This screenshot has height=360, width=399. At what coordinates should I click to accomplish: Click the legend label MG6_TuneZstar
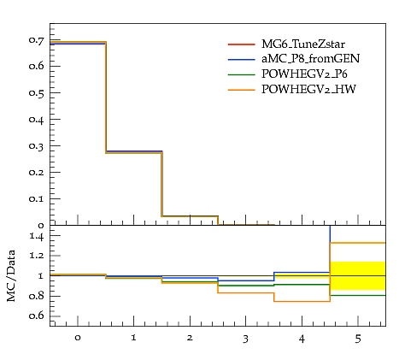303,44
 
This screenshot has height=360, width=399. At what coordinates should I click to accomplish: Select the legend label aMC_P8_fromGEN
310,59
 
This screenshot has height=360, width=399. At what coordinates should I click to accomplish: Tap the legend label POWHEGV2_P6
304,74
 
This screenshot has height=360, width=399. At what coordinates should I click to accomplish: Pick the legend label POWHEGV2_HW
308,89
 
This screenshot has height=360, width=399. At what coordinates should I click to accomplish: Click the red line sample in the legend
241,44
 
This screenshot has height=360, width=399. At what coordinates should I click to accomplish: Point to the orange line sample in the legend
241,90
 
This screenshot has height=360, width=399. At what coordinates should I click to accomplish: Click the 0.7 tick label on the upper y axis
37,40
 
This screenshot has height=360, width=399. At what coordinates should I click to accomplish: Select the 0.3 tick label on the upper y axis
37,146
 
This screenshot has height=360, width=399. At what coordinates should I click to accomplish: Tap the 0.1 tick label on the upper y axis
37,198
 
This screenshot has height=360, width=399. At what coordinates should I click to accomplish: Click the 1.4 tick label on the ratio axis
37,236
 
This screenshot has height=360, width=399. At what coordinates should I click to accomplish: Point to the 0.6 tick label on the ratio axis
37,316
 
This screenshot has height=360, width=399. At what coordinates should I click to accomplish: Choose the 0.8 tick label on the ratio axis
37,296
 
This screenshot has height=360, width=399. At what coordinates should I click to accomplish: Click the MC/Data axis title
11,275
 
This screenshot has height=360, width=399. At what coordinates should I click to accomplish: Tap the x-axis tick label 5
358,339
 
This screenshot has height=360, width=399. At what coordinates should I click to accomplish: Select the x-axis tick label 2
190,338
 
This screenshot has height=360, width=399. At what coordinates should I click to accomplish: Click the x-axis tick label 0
78,338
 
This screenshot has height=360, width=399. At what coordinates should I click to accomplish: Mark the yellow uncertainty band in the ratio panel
358,275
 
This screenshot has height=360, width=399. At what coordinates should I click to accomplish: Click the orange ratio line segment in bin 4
302,301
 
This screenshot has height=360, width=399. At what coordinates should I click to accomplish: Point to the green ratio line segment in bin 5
358,295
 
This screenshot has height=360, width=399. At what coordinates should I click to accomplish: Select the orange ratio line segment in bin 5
358,243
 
